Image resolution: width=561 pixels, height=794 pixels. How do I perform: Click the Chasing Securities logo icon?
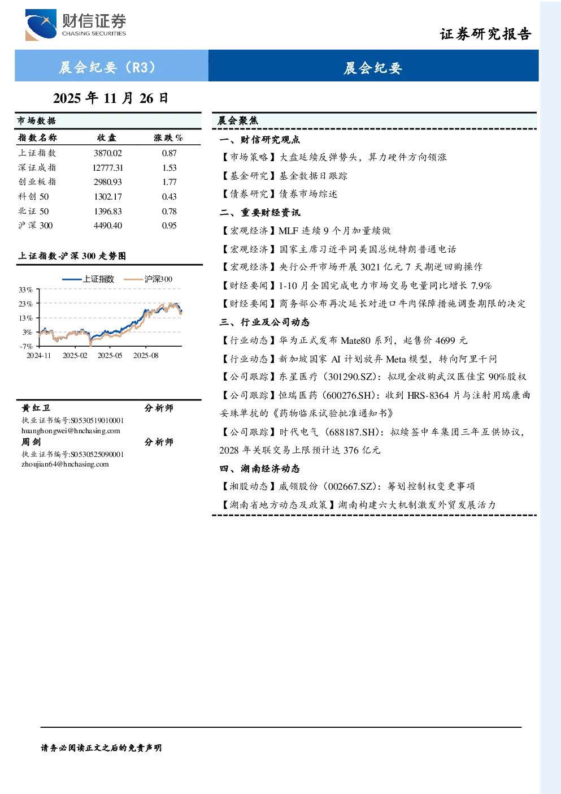point(41,24)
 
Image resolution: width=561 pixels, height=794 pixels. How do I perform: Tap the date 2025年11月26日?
point(111,98)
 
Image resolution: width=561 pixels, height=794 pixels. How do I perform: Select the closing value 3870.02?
point(108,153)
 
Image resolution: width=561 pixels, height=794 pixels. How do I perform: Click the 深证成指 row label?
point(37,167)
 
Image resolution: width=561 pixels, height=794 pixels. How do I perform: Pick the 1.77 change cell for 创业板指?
point(169,182)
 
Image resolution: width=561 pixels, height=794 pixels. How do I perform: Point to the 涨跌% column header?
point(168,138)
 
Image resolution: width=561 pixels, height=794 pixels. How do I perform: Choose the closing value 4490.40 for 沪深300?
point(108,226)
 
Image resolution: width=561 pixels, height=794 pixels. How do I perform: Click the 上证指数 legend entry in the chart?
point(89,279)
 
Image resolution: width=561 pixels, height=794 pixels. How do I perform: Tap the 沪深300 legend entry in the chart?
point(148,279)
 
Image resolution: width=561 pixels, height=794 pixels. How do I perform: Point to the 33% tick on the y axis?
point(25,290)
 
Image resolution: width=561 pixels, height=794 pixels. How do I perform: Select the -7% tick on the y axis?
point(26,346)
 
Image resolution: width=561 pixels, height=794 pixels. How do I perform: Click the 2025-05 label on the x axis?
point(110,356)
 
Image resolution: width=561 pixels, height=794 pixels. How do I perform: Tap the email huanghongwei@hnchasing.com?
point(71,431)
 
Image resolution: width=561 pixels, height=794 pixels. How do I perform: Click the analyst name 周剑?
point(31,442)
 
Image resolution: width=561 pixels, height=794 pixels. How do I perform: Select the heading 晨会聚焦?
point(238,121)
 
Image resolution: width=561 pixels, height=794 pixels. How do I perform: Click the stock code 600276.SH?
point(345,395)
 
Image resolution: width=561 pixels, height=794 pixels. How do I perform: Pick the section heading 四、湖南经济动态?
point(260,469)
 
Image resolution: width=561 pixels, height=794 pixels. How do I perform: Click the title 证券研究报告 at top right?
point(485,34)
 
